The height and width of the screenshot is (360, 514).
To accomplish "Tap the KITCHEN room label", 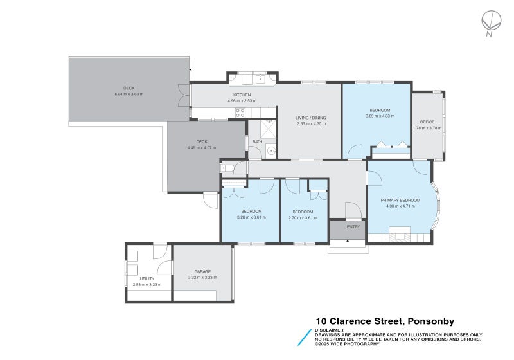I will click(x=242, y=95).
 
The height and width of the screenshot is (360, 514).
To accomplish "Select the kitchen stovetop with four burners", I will click(x=240, y=112).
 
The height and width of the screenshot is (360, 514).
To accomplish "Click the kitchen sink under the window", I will click(x=261, y=79).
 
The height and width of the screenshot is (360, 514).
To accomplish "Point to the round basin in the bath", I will click(x=270, y=152).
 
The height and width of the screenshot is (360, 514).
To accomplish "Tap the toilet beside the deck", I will click(x=227, y=168).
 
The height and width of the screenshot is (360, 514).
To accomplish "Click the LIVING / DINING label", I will click(x=311, y=118).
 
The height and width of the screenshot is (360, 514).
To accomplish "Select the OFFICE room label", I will click(x=427, y=122).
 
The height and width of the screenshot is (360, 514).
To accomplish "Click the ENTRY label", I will click(x=353, y=227).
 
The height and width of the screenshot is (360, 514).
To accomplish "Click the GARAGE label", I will click(x=202, y=271).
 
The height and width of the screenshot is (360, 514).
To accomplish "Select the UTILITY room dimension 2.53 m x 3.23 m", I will click(x=146, y=284).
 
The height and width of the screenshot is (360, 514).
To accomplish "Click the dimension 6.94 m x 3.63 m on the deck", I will click(x=129, y=94).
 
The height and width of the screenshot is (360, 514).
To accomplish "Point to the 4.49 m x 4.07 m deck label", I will click(x=202, y=147).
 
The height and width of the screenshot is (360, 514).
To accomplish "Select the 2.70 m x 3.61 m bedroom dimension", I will click(x=303, y=217).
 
